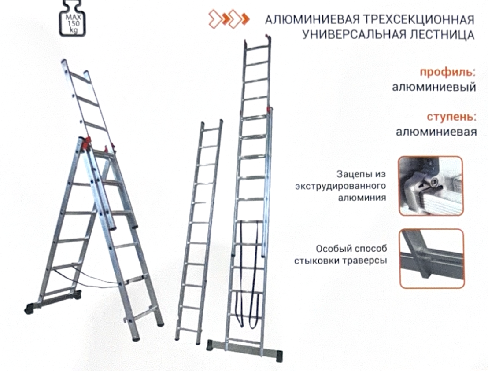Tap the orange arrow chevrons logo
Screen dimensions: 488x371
pos(229,19)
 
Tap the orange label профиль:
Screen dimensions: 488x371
pos(448,73)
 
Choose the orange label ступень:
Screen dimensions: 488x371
pos(451,117)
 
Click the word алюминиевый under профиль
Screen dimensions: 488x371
pos(434,87)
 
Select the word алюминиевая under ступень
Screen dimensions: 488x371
pos(436,132)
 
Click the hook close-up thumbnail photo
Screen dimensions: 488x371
pos(431,186)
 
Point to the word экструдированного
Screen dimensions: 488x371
pos(340,186)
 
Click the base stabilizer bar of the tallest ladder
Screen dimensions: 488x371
pos(245,350)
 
